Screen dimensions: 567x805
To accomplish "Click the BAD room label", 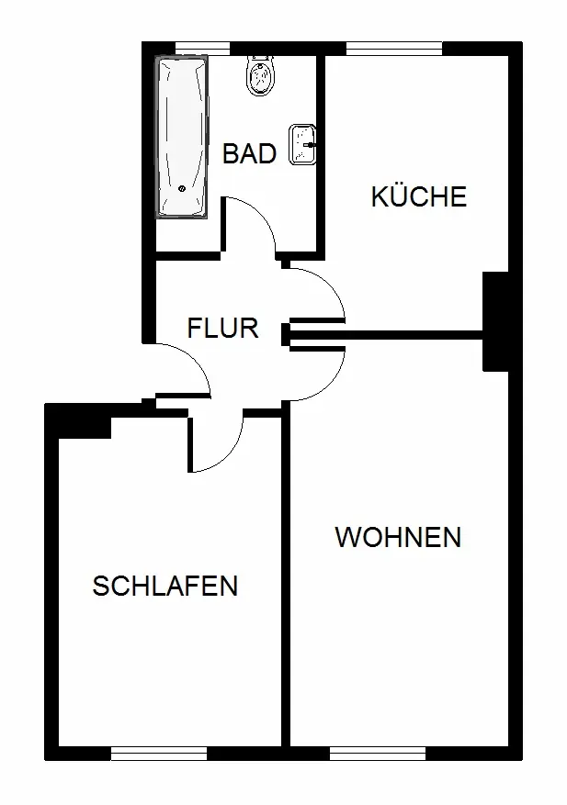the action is (x=249, y=153).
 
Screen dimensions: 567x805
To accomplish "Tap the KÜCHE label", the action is (x=418, y=196).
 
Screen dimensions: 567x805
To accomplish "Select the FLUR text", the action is (x=222, y=328).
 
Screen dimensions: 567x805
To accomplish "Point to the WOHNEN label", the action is (x=399, y=538).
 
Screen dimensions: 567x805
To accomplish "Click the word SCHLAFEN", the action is (x=165, y=586).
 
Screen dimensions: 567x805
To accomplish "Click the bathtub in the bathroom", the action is (x=182, y=137).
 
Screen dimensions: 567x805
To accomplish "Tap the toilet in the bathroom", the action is (x=261, y=76).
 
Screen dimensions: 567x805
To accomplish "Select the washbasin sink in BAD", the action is (x=302, y=144).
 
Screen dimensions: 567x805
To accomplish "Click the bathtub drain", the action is (x=181, y=188).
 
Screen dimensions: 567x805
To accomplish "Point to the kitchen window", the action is (x=394, y=49).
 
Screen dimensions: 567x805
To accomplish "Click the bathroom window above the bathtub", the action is (x=202, y=49).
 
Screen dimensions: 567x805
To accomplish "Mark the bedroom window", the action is (x=159, y=754).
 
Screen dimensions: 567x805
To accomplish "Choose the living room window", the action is (x=378, y=754).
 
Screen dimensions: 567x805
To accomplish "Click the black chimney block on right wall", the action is (x=495, y=321).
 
